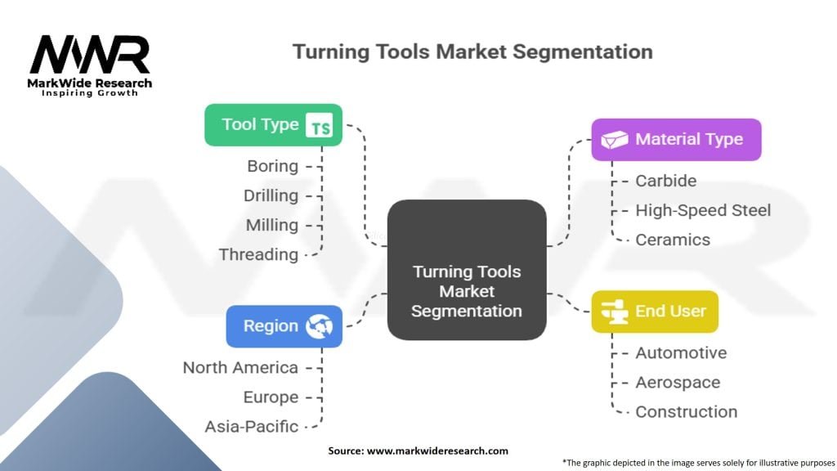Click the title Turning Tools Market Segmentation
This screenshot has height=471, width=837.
[x=472, y=52]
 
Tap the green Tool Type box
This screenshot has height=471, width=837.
[x=273, y=125]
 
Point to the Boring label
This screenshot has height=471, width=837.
[x=272, y=166]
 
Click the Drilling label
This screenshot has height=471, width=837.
[x=271, y=195]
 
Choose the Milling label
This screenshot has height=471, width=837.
[x=271, y=225]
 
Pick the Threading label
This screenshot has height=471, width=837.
[x=258, y=254]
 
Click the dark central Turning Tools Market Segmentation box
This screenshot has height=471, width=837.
[x=466, y=269]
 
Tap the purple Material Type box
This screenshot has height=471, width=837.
[x=676, y=140]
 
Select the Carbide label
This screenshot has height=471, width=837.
[x=665, y=181]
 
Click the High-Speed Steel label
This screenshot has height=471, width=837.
[x=703, y=210]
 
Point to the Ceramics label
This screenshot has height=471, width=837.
[x=673, y=240]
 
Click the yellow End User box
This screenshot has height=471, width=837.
[x=654, y=312]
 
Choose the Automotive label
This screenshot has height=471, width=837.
[x=681, y=353]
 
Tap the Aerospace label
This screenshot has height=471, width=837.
[x=678, y=383]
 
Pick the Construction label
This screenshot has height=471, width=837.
[x=686, y=412]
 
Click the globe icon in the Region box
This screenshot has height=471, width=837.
[x=319, y=326]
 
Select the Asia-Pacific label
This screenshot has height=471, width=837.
[x=252, y=426]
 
